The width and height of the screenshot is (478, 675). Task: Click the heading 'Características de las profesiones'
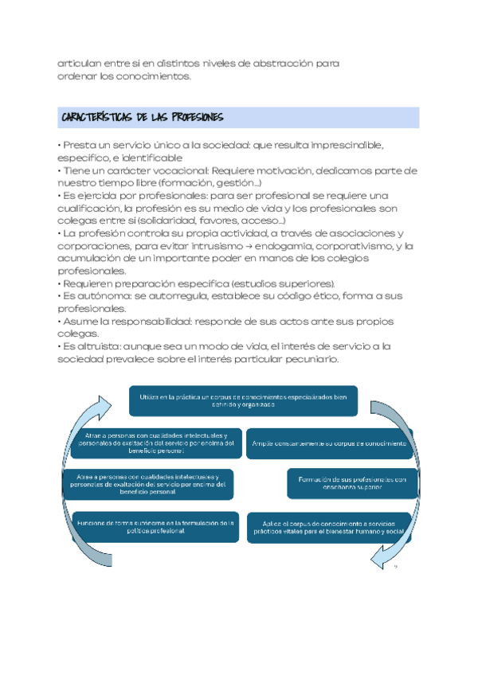pyautogui.click(x=143, y=118)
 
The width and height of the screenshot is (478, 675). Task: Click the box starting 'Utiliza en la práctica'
pyautogui.click(x=242, y=400)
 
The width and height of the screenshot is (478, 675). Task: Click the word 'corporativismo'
pyautogui.click(x=355, y=246)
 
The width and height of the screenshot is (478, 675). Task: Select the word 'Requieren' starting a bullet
pyautogui.click(x=88, y=284)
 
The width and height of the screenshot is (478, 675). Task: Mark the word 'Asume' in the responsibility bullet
pyautogui.click(x=80, y=322)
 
